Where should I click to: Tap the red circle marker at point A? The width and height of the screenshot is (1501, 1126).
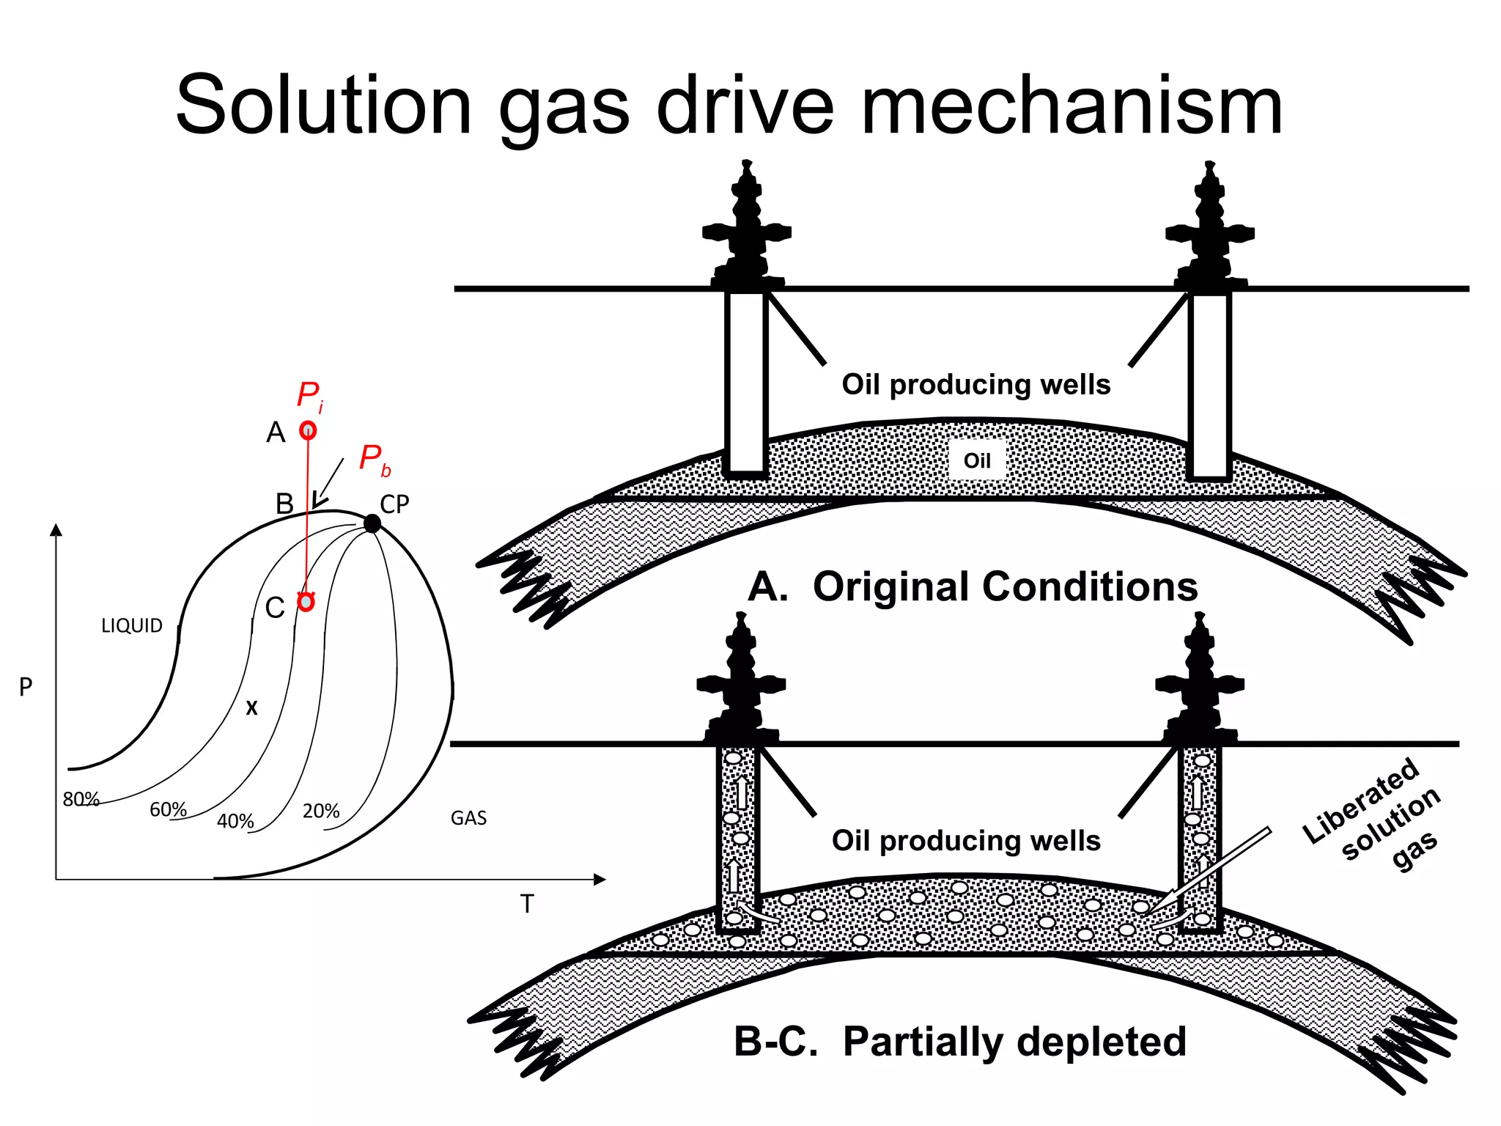[308, 430]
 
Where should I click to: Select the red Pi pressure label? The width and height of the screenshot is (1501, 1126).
[309, 397]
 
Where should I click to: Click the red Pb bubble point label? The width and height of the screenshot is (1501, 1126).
[374, 460]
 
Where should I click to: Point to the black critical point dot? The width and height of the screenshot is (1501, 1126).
[372, 523]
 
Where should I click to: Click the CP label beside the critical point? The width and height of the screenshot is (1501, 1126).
[394, 504]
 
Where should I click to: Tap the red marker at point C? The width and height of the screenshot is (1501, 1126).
[306, 602]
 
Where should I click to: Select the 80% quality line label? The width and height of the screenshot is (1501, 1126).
[81, 799]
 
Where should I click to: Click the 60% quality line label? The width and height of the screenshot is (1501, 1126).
[168, 809]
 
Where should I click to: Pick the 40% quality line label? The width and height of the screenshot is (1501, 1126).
[235, 821]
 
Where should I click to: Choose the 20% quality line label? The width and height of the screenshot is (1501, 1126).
[321, 811]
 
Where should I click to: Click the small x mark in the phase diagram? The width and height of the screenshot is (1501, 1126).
[251, 707]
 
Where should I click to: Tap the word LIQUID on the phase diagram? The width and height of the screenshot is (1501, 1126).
[132, 625]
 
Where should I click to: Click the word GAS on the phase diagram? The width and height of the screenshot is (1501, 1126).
[468, 817]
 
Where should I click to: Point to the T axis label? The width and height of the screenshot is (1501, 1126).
[527, 904]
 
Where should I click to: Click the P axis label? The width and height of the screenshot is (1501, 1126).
[26, 687]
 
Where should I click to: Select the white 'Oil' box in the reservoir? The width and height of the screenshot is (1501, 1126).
[977, 460]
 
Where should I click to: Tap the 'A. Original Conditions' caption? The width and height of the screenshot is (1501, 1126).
[973, 586]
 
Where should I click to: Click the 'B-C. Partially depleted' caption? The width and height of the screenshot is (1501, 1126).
[960, 1041]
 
